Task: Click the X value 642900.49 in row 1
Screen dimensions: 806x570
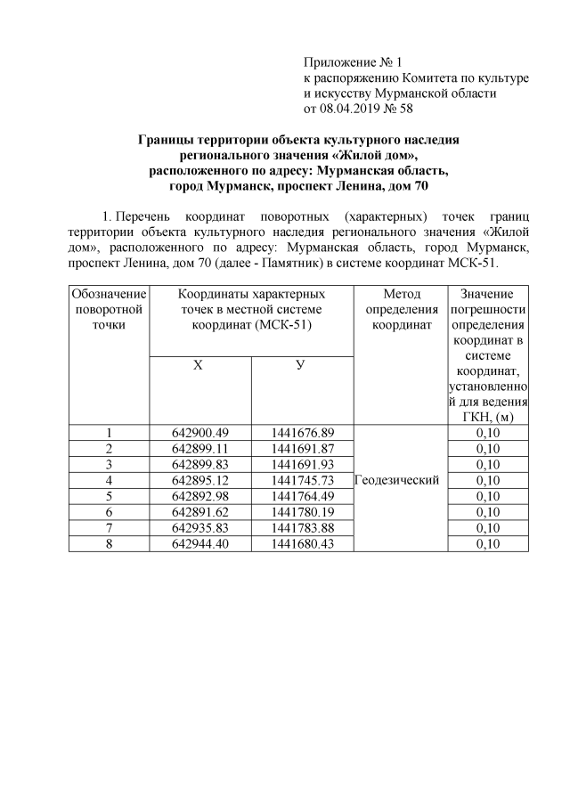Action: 200,432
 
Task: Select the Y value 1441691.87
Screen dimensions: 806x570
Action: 303,448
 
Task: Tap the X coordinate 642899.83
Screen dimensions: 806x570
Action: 200,464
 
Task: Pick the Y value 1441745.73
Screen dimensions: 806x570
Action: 303,480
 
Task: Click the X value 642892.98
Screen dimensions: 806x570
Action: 200,496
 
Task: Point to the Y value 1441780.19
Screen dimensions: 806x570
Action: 303,512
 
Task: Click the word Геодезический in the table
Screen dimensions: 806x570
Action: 397,480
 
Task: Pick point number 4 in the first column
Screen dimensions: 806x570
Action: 109,480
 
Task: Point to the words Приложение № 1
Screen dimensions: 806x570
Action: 354,61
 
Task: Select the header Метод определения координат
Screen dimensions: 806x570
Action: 397,309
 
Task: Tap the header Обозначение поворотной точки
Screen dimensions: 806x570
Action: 109,309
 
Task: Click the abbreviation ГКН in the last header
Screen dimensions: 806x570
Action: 474,416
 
